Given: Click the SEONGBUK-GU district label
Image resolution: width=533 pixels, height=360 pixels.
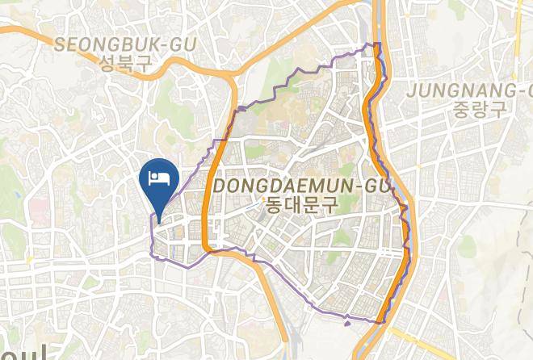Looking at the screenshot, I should (125, 45).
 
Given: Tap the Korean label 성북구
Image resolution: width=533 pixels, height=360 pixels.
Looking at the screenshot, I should (125, 65).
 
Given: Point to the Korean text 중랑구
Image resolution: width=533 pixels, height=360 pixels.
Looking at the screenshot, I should (479, 109).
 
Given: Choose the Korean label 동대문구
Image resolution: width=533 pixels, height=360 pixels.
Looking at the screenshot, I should (301, 206).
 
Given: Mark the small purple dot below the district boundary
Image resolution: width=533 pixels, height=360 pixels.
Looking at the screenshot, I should (347, 324).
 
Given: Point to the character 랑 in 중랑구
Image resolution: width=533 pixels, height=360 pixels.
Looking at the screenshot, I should (479, 109).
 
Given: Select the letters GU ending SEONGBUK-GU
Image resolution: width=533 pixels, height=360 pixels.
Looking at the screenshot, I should (183, 45).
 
